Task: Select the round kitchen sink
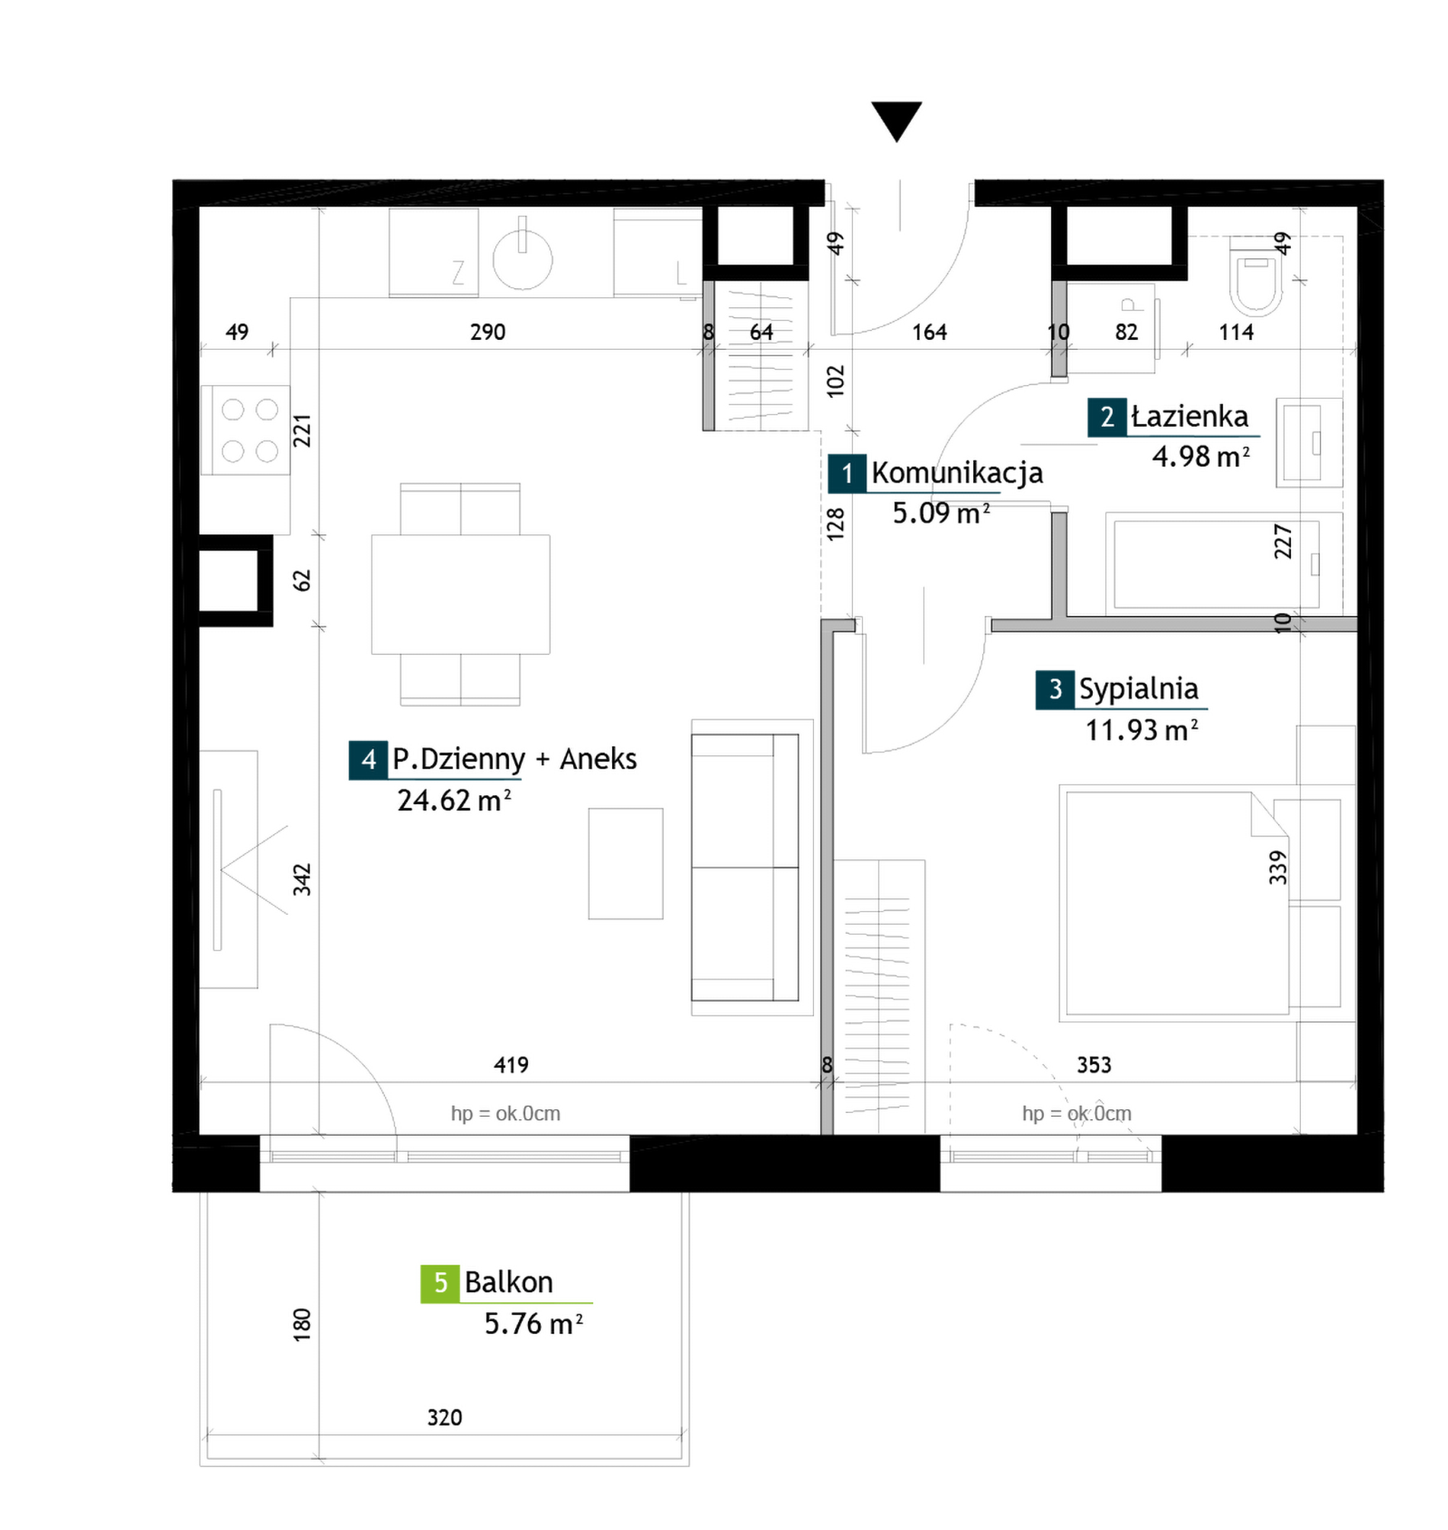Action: pos(523,258)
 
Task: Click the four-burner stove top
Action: pos(245,430)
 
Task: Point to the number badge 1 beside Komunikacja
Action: pos(847,473)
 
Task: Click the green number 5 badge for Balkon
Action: pos(440,1283)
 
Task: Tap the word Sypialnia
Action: pos(1139,688)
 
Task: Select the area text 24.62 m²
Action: pos(454,800)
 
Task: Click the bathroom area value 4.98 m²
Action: pos(1200,456)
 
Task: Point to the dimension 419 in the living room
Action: pos(511,1064)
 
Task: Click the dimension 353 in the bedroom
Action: pos(1094,1064)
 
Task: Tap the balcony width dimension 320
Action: pos(444,1417)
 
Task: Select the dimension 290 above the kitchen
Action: pos(488,332)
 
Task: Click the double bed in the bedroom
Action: pos(1173,903)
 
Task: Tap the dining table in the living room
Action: pos(461,595)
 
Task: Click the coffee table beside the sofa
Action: pos(625,864)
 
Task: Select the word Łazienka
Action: pos(1190,417)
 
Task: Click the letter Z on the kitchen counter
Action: pos(459,272)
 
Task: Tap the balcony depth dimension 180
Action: pos(302,1324)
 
